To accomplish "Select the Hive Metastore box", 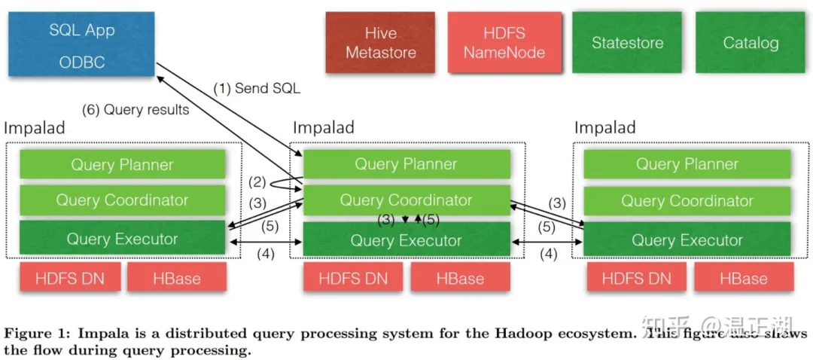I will pos(380,43).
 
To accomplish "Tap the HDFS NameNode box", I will pos(504,43).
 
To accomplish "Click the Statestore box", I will pos(627,43).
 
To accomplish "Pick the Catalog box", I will pos(750,43).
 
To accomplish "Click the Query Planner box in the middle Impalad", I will pos(406,164).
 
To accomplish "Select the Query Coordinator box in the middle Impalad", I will pos(406,200).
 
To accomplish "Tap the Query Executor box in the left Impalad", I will pos(122,239).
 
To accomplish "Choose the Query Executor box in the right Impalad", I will pos(687,240).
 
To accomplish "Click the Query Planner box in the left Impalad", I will pos(122,164).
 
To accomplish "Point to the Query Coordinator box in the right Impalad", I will pos(687,200).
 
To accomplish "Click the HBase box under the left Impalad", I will pos(176,278).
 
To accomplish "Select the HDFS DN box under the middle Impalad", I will pos(353,278).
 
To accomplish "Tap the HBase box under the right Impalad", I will pos(743,278).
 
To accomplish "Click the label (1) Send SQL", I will pos(256,88).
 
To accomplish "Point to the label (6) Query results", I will pos(135,110).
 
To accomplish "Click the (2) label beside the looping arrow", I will pos(257,182).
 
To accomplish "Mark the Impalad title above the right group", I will pos(604,127).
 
